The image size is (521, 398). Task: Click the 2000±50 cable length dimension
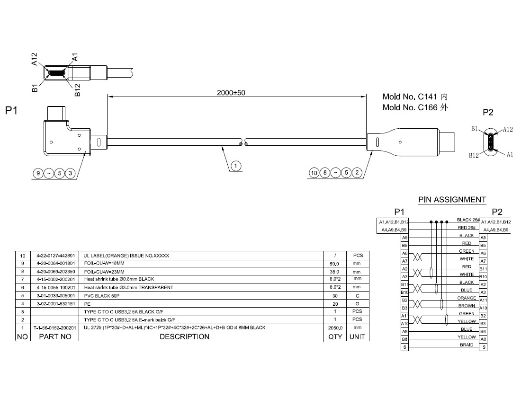click(231, 93)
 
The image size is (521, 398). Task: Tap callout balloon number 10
click(314, 173)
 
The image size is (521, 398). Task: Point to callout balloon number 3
click(71, 173)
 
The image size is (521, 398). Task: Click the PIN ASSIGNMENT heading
click(452, 200)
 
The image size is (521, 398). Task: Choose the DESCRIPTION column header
click(184, 336)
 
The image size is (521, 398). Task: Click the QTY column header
click(335, 336)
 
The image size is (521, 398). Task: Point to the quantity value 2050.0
click(335, 327)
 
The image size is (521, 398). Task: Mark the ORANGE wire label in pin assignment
click(467, 298)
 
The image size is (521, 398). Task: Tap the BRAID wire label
click(467, 345)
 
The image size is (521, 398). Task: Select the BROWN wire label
click(467, 306)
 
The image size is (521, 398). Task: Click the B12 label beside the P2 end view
click(474, 155)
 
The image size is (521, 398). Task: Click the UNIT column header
click(357, 336)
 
